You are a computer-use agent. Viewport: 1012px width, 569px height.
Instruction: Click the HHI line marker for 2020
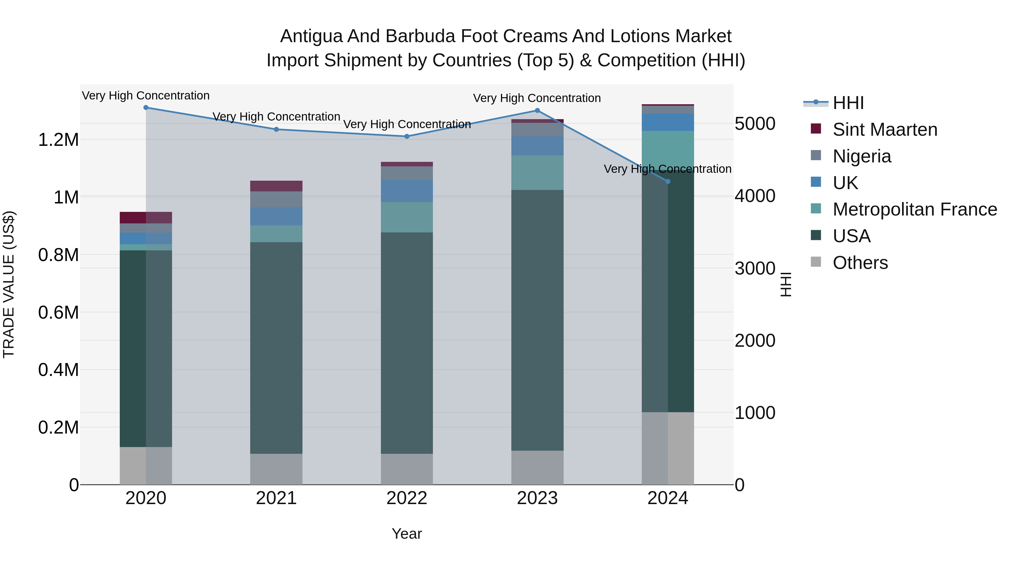pos(146,108)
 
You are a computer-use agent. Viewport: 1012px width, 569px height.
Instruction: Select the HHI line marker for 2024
pos(668,182)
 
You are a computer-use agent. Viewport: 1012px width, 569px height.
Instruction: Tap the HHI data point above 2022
pos(407,136)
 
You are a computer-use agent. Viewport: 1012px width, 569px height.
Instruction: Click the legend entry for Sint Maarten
pos(885,130)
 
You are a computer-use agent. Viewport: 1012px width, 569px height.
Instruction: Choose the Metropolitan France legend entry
pos(914,209)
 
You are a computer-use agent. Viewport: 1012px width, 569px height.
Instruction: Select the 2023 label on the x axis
pos(537,498)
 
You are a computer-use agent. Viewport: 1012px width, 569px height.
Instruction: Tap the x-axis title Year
pos(406,534)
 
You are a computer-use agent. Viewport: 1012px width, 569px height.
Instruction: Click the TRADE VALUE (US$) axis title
pos(9,284)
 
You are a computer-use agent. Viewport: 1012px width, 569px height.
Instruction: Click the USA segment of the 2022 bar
pos(407,343)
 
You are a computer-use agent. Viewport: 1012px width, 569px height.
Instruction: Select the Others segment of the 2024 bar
pos(668,448)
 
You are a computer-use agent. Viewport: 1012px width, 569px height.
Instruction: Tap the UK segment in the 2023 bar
pos(537,146)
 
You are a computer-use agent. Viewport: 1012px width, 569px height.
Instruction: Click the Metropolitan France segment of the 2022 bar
pos(407,217)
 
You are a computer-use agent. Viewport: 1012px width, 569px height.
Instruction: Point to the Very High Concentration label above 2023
pos(537,98)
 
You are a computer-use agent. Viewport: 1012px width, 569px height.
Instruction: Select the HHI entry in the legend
pos(848,103)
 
